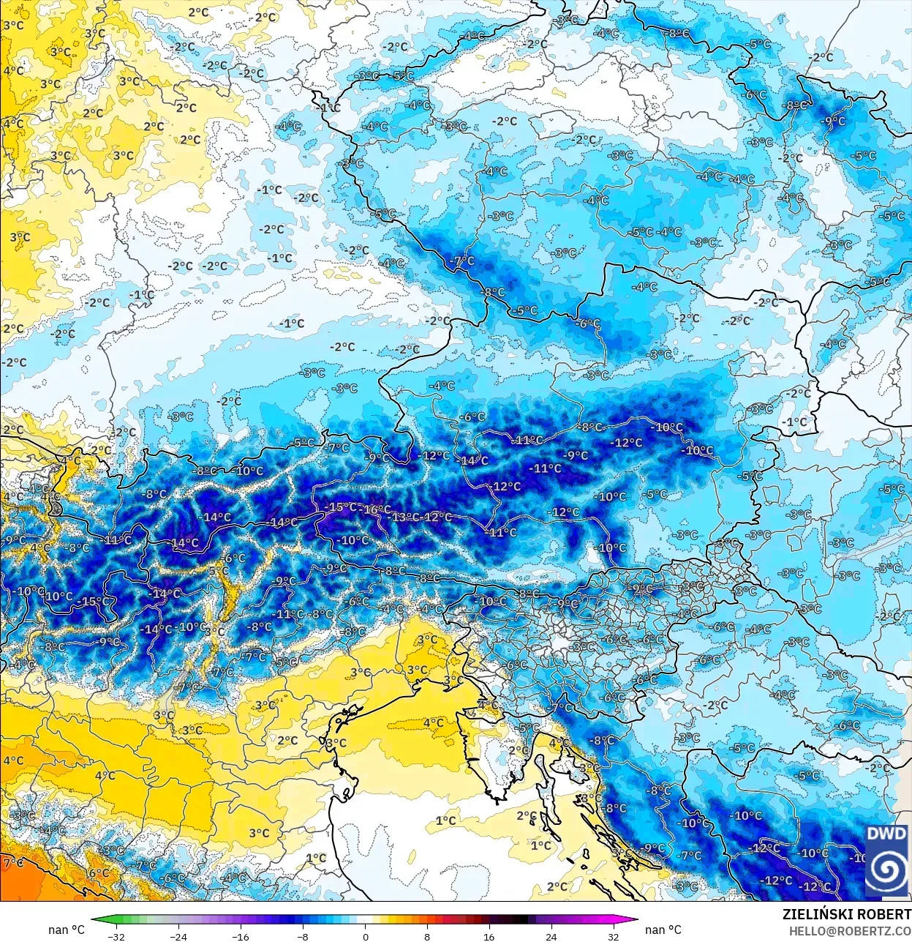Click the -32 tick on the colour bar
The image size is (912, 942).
point(116,935)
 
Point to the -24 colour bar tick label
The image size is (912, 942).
point(178,935)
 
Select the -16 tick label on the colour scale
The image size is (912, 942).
point(240,935)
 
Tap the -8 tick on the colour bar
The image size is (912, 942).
point(303,935)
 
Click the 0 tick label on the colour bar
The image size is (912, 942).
point(365,935)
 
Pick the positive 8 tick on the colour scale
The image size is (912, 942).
point(427,935)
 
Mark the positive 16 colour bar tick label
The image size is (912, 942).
point(489,935)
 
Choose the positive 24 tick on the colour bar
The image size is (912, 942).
point(551,935)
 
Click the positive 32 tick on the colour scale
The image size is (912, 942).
point(614,935)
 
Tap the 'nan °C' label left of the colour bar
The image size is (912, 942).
point(67,930)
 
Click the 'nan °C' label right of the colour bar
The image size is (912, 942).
point(663,930)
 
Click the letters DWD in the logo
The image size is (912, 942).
point(886,834)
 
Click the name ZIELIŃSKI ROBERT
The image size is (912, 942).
point(846,914)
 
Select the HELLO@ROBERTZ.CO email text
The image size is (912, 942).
point(850,930)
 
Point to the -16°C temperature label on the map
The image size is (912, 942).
point(377,509)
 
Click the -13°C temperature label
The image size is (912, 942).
point(404,517)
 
